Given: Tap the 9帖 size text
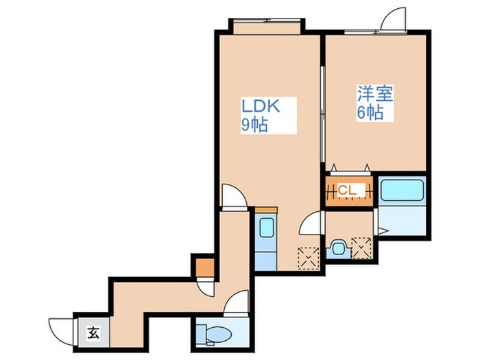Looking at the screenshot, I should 253,125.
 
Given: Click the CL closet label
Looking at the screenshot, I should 347,189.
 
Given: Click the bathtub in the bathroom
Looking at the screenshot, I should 403,190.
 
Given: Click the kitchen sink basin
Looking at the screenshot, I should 265,228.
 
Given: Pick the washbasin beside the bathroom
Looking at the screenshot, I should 337,248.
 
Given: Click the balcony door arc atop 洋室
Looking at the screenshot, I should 396,20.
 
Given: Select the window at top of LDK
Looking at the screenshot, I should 265,25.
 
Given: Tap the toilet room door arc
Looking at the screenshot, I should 239,302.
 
